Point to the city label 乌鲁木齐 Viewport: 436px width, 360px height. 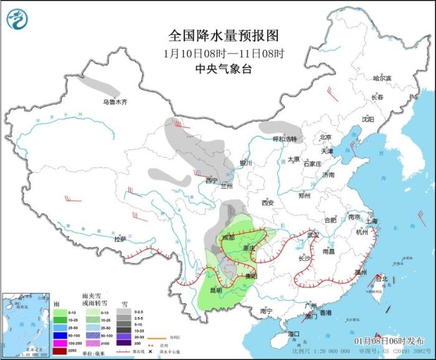(x=115, y=102)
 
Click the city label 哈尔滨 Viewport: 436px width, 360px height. (x=381, y=78)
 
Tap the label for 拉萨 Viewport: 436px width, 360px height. (x=120, y=239)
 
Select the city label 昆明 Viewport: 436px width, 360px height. (x=215, y=290)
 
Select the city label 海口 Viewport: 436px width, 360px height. (x=294, y=334)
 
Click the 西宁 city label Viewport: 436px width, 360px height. (x=212, y=181)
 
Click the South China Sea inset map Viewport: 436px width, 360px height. (x=24, y=325)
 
